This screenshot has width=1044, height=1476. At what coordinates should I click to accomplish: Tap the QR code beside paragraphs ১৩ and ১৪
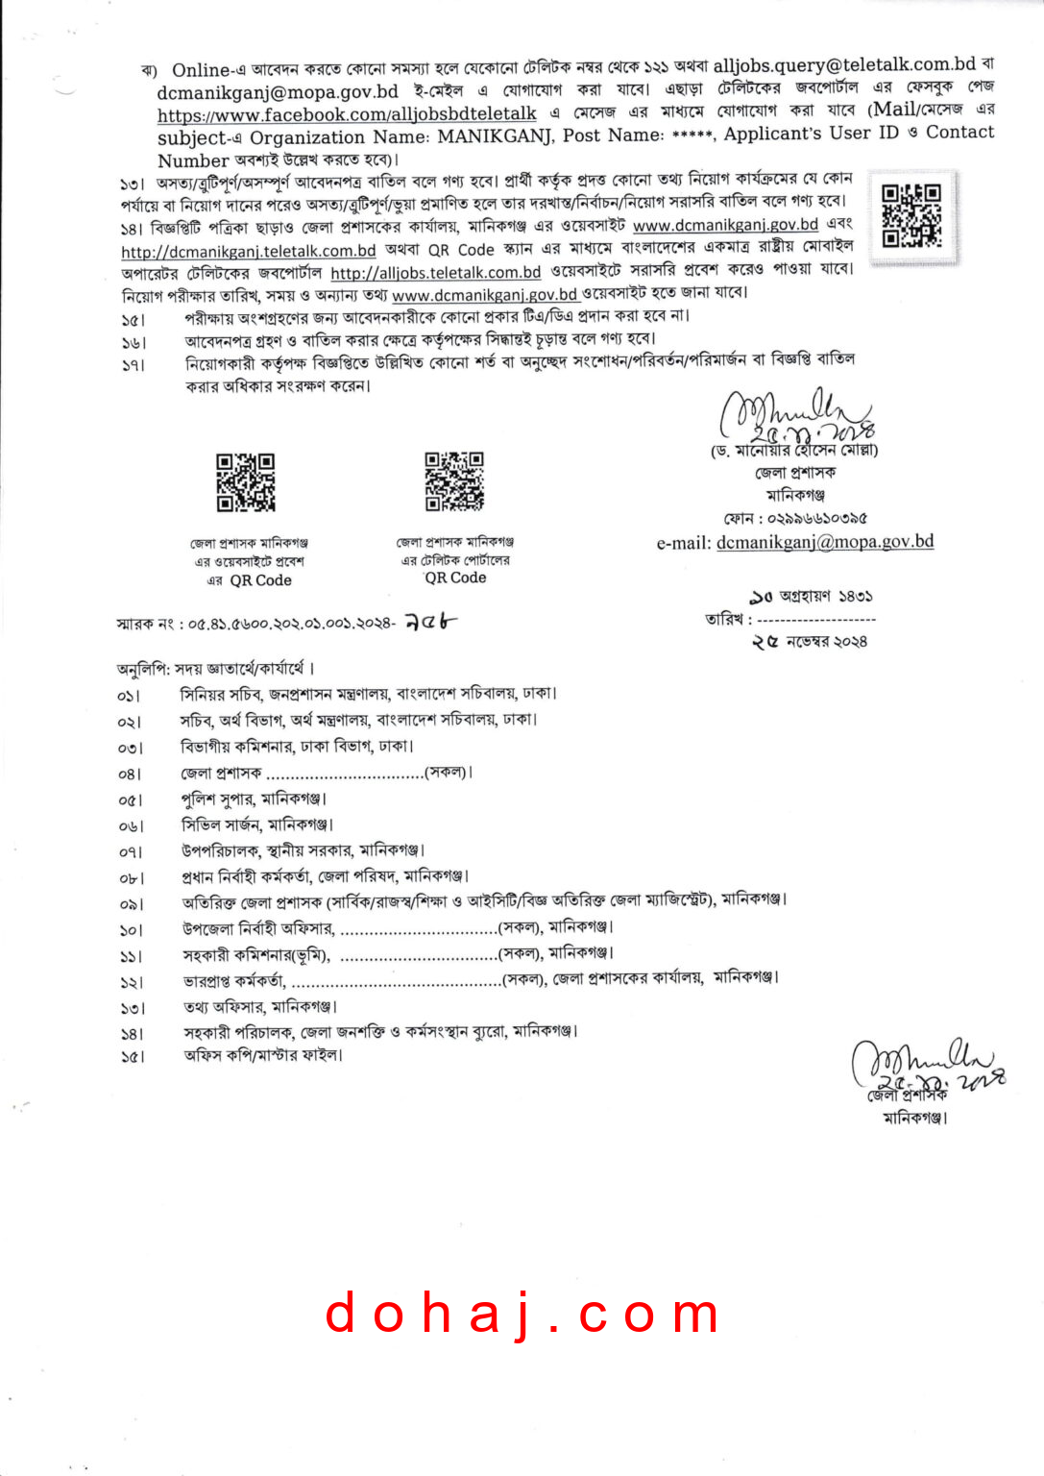910,214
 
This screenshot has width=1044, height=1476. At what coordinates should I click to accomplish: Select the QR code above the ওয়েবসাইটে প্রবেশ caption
246,482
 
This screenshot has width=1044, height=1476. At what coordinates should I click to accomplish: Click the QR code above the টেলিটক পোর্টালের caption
454,480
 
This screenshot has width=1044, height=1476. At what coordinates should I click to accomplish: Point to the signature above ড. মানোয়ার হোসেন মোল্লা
796,415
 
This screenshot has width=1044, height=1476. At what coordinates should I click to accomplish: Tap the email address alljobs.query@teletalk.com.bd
844,64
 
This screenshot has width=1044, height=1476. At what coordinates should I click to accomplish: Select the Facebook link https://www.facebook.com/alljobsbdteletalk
347,113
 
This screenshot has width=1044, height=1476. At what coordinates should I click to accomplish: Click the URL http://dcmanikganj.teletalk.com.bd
248,251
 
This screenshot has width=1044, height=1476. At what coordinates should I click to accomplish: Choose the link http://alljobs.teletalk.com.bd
436,273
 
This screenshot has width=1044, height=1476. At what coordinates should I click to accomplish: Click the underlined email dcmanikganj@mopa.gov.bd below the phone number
825,542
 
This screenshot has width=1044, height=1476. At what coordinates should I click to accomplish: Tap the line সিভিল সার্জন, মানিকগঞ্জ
256,824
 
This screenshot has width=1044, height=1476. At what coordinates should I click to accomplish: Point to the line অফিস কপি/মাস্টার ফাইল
262,1055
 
